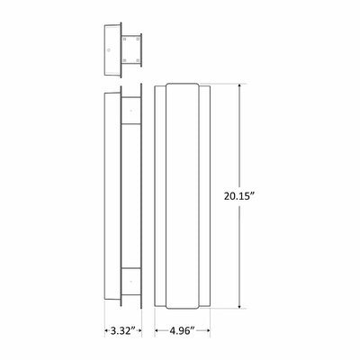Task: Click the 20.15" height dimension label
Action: click(239, 196)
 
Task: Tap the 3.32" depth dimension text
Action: click(122, 330)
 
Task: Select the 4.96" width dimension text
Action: click(183, 330)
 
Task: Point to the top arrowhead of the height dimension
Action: click(239, 86)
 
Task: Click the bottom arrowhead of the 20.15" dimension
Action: click(239, 305)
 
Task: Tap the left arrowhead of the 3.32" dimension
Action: click(107, 330)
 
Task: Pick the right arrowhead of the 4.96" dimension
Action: click(207, 330)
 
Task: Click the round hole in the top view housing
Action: click(109, 49)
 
